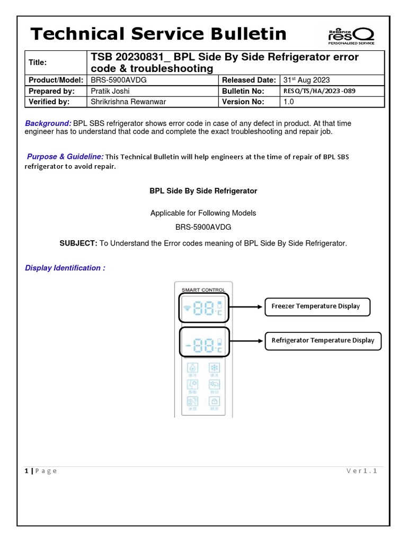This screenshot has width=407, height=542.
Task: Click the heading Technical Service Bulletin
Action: (158, 34)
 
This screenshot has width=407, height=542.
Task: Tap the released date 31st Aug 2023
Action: (307, 80)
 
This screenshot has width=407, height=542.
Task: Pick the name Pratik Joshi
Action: (110, 91)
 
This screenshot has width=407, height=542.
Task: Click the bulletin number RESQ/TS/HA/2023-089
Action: (320, 91)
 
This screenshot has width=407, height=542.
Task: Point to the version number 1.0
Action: (289, 102)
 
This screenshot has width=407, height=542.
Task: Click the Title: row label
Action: (38, 62)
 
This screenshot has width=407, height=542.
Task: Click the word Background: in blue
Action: (48, 123)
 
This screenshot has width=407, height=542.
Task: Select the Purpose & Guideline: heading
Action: (65, 156)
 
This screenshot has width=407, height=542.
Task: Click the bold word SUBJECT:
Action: (78, 243)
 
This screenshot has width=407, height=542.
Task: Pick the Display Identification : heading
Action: (65, 268)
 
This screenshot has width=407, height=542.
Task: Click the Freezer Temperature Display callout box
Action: (317, 306)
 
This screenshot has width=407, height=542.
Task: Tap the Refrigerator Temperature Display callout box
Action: (322, 340)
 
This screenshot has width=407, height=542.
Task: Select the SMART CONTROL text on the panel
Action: (203, 290)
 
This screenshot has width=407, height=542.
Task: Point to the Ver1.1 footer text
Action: (361, 471)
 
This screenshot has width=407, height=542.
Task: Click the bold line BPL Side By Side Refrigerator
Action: (203, 191)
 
